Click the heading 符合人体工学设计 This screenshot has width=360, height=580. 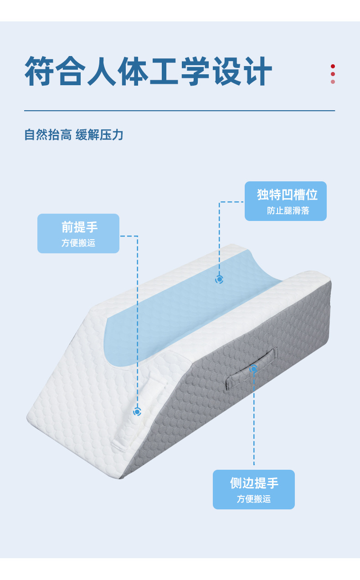tap(148, 72)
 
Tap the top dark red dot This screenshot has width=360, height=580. tap(333, 67)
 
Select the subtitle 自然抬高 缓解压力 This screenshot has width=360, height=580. tap(74, 135)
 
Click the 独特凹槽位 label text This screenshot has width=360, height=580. tap(287, 195)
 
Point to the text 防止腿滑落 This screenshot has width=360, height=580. tap(288, 210)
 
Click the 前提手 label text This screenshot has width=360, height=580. tap(79, 227)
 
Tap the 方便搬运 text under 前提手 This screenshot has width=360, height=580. tap(78, 243)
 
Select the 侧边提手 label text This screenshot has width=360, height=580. tap(254, 483)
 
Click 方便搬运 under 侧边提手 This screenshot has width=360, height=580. tap(253, 499)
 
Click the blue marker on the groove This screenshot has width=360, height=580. tap(219, 279)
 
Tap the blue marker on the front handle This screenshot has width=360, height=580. tap(137, 411)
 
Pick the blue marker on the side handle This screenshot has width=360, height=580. tap(254, 368)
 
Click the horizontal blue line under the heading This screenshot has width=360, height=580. tap(180, 111)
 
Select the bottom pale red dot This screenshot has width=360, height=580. tap(333, 82)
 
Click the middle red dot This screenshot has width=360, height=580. tap(333, 74)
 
